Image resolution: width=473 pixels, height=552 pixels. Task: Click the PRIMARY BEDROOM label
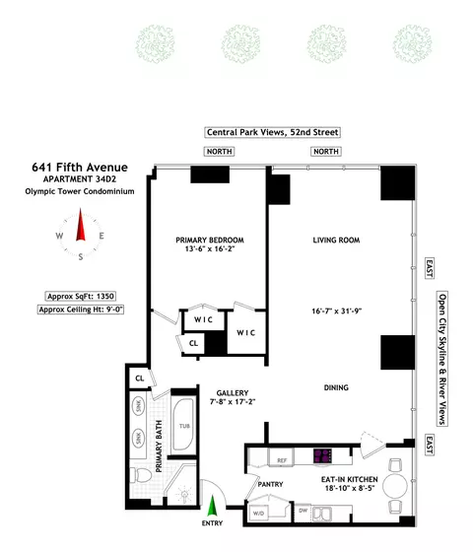(209, 241)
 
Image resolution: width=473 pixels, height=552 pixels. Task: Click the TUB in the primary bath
(184, 426)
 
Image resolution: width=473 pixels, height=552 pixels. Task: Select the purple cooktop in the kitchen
(324, 456)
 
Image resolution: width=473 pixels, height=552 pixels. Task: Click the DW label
(302, 511)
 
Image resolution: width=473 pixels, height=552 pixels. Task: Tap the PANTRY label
(270, 484)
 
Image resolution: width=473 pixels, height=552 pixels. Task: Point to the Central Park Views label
(273, 132)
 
